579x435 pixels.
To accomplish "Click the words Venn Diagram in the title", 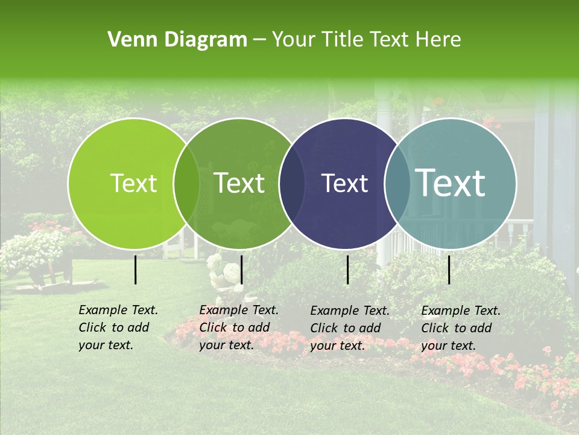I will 177,40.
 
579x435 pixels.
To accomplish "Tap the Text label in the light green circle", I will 134,183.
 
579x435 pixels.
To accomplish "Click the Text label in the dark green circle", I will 239,183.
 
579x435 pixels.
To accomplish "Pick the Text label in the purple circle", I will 345,183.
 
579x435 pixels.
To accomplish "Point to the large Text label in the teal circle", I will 451,183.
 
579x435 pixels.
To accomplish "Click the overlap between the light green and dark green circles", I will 186,183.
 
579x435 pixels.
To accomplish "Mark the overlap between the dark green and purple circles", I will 292,183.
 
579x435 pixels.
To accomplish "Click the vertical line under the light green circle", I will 136,269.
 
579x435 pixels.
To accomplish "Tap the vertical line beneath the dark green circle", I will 241,269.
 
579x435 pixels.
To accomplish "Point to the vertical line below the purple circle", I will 348,269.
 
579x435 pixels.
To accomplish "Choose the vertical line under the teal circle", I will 449,269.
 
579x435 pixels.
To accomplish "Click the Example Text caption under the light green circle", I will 118,327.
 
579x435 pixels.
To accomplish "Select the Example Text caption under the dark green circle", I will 239,327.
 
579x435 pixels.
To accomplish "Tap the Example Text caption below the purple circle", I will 350,328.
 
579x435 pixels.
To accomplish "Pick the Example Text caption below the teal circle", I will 461,328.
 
